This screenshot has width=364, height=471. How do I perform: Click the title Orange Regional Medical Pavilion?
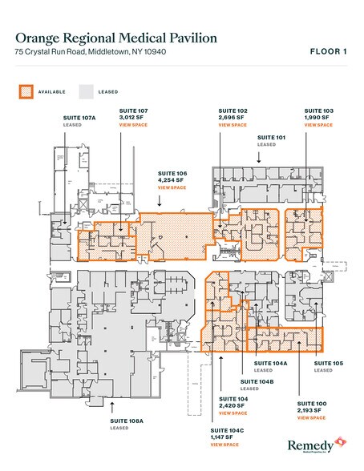pyautogui.click(x=116, y=37)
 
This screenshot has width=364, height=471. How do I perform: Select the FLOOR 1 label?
pyautogui.click(x=329, y=52)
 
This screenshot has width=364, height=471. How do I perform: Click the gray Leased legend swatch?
pyautogui.click(x=87, y=91)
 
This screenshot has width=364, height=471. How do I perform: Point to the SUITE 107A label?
pyautogui.click(x=79, y=118)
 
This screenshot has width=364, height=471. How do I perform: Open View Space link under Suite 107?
pyautogui.click(x=132, y=126)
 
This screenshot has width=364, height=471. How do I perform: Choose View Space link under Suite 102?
pyautogui.click(x=233, y=126)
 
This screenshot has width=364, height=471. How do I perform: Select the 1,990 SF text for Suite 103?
pyautogui.click(x=316, y=118)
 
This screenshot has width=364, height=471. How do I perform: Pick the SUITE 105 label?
pyautogui.click(x=323, y=363)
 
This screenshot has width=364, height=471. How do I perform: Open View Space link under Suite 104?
pyautogui.click(x=233, y=413)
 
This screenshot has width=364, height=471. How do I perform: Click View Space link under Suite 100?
pyautogui.click(x=312, y=417)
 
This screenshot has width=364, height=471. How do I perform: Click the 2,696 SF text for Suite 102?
pyautogui.click(x=233, y=118)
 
